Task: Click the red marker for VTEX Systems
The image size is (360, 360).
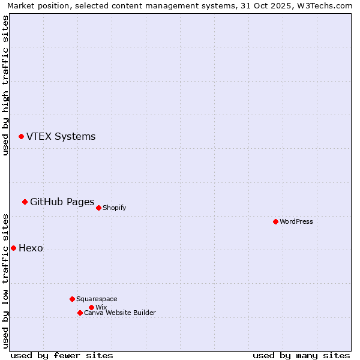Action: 21,137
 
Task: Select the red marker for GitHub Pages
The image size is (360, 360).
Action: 25,202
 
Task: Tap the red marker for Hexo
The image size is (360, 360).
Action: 13,248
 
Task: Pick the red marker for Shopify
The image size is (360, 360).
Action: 98,208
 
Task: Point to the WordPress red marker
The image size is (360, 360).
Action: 275,221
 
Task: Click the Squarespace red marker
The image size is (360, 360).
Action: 72,299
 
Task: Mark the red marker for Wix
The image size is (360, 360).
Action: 91,307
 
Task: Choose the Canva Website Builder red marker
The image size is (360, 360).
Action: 80,313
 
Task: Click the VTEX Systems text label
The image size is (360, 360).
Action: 61,137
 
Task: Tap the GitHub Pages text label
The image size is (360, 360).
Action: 62,202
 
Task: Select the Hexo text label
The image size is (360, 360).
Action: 31,248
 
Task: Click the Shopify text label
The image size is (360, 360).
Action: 114,208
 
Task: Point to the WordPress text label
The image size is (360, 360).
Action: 296,221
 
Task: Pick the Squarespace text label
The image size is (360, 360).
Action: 97,299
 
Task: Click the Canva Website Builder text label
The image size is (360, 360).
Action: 119,313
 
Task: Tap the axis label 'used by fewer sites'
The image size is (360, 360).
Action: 62,355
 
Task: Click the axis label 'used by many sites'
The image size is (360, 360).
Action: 301,355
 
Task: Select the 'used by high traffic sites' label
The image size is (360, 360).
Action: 5,85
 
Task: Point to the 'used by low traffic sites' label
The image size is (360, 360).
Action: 5,281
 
